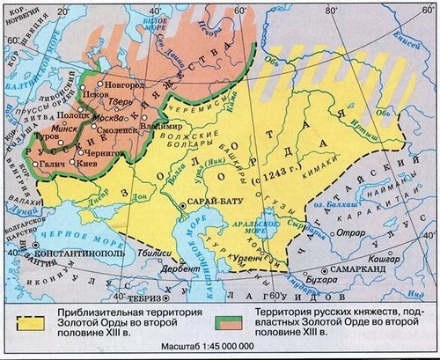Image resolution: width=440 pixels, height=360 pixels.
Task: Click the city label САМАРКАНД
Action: click(x=357, y=269)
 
